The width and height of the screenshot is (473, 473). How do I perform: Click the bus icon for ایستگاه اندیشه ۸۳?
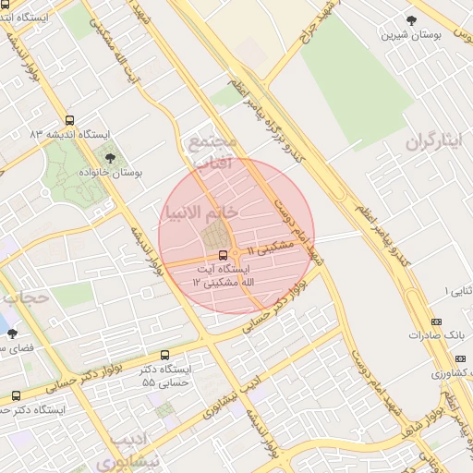(x=70, y=120)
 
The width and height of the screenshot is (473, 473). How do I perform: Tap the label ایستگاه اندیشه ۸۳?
(x=69, y=135)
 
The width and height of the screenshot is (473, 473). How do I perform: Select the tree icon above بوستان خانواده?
(x=110, y=158)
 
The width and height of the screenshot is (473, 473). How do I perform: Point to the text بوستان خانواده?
(x=110, y=173)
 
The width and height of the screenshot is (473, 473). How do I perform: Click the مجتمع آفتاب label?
(x=212, y=153)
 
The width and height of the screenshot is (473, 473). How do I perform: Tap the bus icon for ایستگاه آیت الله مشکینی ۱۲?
(x=223, y=255)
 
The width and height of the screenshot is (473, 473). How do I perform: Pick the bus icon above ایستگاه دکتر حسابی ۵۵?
(x=164, y=354)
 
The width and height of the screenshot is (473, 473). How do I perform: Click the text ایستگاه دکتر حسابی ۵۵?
(x=165, y=374)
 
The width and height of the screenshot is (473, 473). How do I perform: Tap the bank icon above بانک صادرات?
(x=436, y=321)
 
